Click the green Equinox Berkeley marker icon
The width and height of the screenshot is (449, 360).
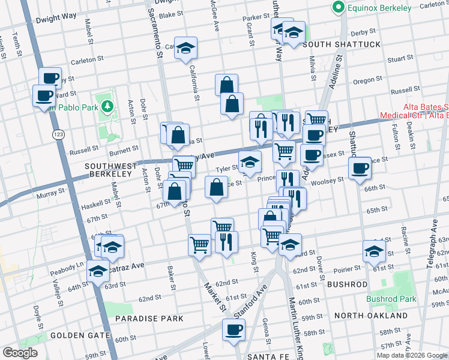pyautogui.click(x=338, y=8)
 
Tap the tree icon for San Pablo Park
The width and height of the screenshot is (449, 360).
pyautogui.click(x=107, y=107)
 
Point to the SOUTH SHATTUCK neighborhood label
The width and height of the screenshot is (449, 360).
pyautogui.click(x=342, y=45)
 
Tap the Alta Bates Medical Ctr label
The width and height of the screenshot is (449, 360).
pyautogui.click(x=414, y=112)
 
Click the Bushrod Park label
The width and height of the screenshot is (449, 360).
pyautogui.click(x=391, y=299)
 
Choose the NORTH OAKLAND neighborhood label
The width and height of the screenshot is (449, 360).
pyautogui.click(x=370, y=316)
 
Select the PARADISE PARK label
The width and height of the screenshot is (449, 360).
pyautogui.click(x=149, y=318)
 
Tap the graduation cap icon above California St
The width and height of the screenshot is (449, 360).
pyautogui.click(x=186, y=49)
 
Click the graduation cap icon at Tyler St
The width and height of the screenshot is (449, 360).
pyautogui.click(x=250, y=161)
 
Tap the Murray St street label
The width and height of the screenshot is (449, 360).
pyautogui.click(x=50, y=193)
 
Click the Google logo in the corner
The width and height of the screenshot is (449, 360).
pyautogui.click(x=19, y=353)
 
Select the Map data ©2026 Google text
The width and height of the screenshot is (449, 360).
pyautogui.click(x=412, y=355)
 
